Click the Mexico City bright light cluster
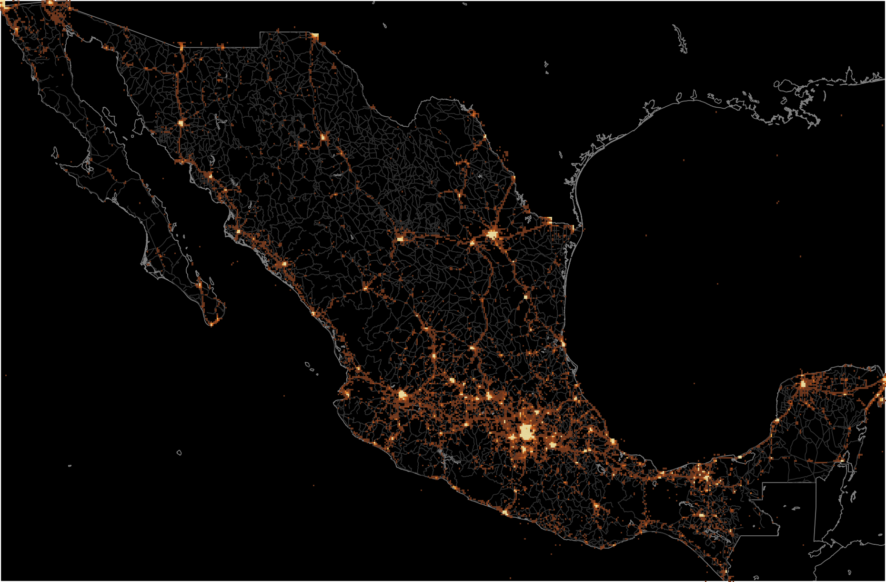click(526, 432)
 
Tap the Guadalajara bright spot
click(403, 395)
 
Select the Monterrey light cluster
click(492, 234)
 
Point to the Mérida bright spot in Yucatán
click(803, 384)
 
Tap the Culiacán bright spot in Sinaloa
click(284, 263)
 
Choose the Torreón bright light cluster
click(401, 238)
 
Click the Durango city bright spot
click(365, 288)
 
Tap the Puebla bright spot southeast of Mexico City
click(553, 445)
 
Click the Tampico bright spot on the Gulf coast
click(563, 343)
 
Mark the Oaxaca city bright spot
click(595, 505)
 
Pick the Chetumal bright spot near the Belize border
click(842, 460)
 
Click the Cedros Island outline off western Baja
click(55, 153)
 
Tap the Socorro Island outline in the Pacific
click(179, 452)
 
